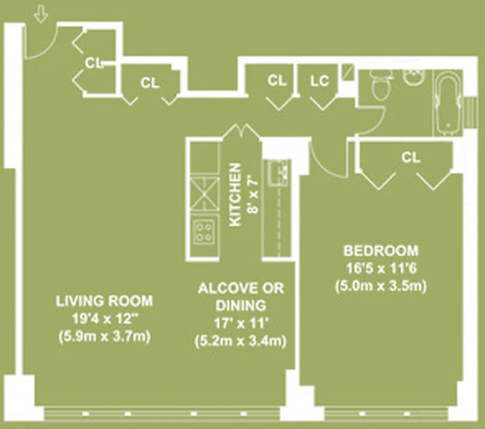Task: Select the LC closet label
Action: pos(319,81)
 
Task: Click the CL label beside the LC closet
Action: pos(277,81)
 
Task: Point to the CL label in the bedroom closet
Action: pos(411,157)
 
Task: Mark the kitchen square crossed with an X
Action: pos(204,194)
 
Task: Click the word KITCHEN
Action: pos(236,195)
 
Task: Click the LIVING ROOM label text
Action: pos(104,300)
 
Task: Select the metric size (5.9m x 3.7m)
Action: pos(104,337)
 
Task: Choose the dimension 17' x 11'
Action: pos(241,323)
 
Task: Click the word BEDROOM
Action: pos(380,250)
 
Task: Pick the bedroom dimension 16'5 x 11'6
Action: pos(380,268)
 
